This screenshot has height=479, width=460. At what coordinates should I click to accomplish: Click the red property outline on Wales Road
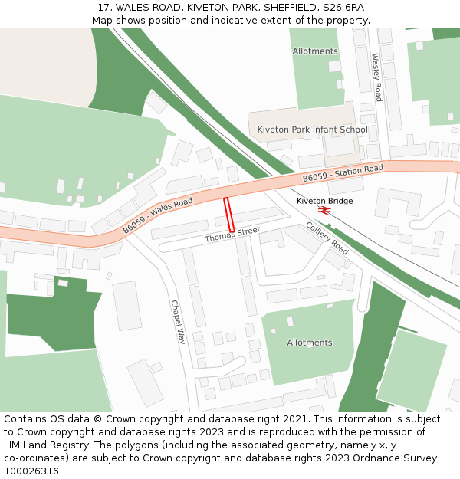[228, 214]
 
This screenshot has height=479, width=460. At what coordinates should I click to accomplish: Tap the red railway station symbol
[324, 210]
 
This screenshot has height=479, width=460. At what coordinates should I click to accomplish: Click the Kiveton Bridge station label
[325, 201]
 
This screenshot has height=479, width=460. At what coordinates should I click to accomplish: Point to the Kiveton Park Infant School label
[312, 130]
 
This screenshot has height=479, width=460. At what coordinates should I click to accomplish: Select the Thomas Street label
[232, 235]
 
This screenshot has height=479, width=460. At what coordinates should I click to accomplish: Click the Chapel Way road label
[178, 322]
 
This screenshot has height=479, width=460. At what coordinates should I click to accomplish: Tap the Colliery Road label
[327, 238]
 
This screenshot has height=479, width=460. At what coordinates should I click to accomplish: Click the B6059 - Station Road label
[343, 173]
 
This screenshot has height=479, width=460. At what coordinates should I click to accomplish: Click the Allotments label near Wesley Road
[315, 51]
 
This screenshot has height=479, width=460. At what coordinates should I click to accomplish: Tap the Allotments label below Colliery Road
[310, 343]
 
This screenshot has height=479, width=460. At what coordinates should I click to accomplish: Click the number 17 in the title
[103, 8]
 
